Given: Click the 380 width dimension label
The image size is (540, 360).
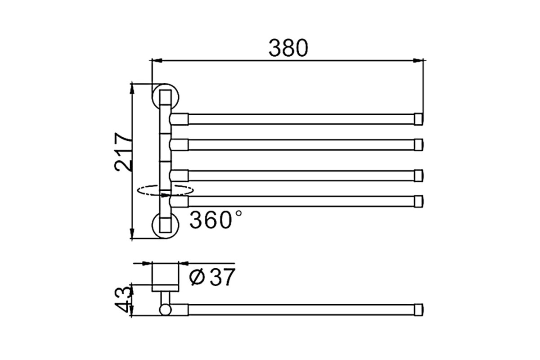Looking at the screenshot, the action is [288, 48].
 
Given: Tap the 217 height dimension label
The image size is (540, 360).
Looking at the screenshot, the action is [123, 152].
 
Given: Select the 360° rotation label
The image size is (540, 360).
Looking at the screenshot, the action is [215, 220].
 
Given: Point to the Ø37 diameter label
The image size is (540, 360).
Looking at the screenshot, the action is [212, 277].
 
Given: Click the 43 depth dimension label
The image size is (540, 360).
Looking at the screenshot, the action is [124, 299].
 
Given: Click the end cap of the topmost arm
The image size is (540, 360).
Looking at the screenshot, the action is [418, 119].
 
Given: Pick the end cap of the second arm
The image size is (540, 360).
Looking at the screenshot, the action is [418, 145].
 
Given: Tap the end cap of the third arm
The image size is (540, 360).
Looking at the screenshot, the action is [418, 175].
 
